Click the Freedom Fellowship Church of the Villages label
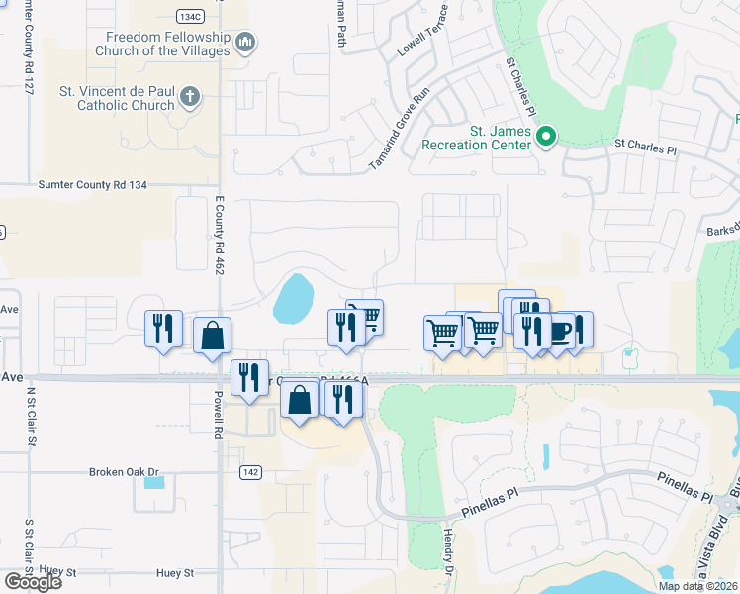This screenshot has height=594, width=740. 167,44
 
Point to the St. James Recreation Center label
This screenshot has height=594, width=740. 478,137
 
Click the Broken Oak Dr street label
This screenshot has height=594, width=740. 124,471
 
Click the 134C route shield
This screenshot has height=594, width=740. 191,17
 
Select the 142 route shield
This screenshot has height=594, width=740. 250,473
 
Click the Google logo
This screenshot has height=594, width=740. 33,581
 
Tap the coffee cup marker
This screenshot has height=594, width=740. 561,329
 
